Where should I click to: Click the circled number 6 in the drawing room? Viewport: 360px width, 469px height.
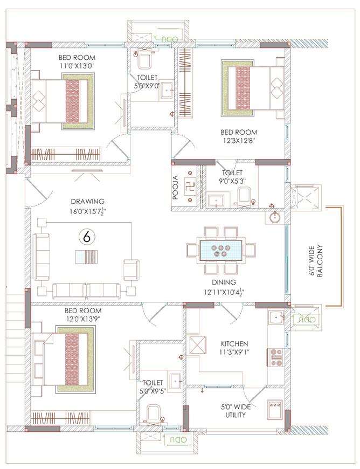click(87, 237)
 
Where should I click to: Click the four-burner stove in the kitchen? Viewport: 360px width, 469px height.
click(275, 357)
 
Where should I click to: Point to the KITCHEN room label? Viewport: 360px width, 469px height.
click(234, 344)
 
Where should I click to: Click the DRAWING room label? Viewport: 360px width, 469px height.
click(88, 201)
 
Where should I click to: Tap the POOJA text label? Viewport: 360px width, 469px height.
click(176, 187)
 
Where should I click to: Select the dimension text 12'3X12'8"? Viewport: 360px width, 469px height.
click(239, 140)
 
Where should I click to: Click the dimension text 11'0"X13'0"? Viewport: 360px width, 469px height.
click(77, 66)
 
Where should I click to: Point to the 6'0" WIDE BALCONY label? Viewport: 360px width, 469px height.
click(315, 261)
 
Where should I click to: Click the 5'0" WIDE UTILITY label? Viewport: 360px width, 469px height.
click(236, 411)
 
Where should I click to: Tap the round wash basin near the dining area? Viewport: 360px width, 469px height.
click(275, 217)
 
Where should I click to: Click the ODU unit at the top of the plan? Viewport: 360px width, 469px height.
click(170, 39)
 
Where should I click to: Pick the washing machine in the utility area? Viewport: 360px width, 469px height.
click(274, 410)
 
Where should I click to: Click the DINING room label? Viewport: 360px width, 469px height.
click(224, 282)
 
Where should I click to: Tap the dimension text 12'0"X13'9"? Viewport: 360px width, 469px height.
click(82, 319)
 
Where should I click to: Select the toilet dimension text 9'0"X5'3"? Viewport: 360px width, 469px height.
click(232, 181)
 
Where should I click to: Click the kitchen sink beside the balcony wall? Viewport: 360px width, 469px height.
click(276, 318)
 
